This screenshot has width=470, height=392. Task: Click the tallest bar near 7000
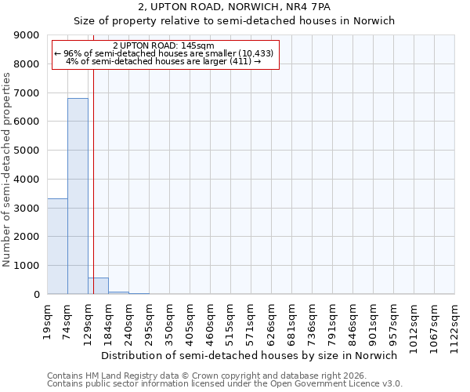click(78, 196)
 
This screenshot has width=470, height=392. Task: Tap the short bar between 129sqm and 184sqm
click(98, 286)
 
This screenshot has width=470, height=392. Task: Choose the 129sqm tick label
click(89, 319)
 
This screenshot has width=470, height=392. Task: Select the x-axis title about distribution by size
click(250, 355)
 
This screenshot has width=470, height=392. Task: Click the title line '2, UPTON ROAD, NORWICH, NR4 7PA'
click(234, 8)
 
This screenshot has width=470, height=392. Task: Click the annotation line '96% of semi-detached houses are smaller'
click(164, 53)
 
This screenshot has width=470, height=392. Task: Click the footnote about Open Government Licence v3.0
click(225, 384)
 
